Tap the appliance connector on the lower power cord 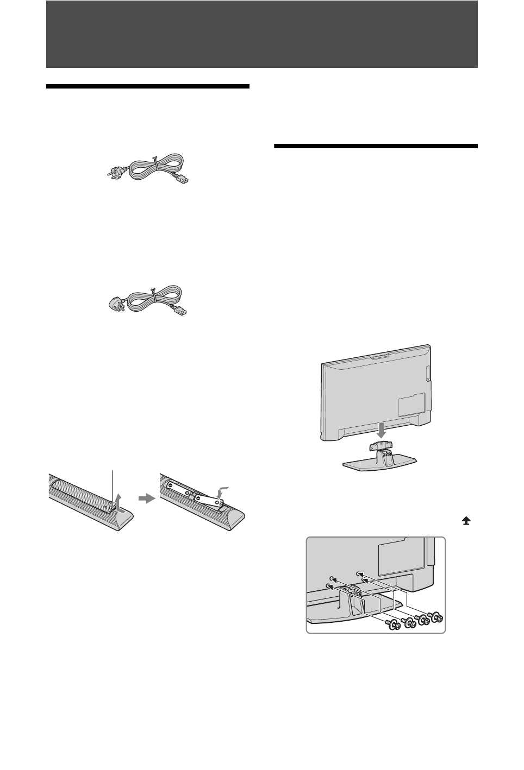point(184,312)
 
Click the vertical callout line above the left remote point(113,483)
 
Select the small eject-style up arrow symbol point(466,520)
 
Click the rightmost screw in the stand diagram point(434,617)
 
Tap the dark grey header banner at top point(261,34)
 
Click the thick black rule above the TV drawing point(375,146)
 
